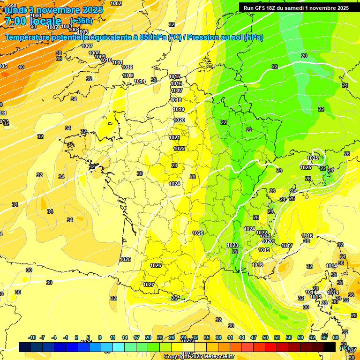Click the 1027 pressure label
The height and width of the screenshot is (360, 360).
(149, 285)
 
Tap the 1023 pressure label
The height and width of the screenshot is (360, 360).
(232, 245)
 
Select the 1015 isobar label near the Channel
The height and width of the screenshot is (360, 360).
(175, 76)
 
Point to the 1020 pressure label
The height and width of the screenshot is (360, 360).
(179, 120)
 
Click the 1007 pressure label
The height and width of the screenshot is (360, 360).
(87, 46)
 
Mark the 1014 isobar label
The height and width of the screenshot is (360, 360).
(140, 81)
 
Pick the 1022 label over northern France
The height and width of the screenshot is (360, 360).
(179, 149)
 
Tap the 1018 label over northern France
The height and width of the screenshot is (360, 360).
(176, 100)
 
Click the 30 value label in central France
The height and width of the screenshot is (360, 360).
(139, 173)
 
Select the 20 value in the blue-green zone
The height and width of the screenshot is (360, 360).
(304, 56)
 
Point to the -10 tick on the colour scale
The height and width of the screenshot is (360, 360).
(32, 337)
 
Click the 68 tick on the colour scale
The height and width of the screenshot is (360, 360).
(336, 337)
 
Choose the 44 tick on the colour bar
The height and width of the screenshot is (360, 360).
(242, 337)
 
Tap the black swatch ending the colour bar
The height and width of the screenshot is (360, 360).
(330, 347)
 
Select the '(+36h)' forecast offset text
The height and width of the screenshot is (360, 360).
(82, 21)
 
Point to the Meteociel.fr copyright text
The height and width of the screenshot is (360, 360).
(199, 357)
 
